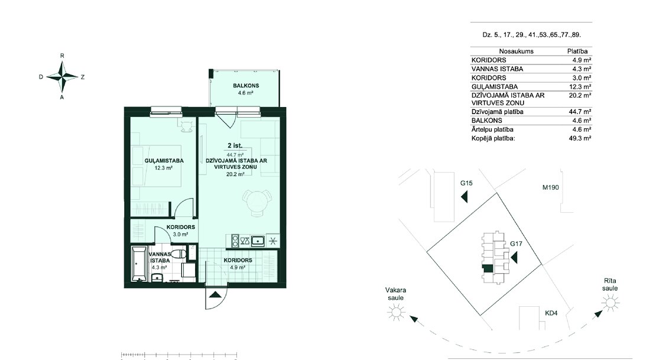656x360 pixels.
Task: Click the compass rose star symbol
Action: coord(62,77)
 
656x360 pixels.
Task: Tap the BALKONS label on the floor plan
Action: coord(246,86)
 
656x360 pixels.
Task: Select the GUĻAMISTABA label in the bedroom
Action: coord(164,161)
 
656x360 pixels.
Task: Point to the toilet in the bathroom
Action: coord(178,254)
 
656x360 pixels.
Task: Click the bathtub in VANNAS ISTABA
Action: coord(138,264)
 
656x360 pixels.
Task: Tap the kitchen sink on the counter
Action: coord(258,241)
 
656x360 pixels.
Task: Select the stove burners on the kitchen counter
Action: coord(235,241)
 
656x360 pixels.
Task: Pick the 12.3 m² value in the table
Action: coord(582,87)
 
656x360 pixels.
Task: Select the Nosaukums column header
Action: coord(517,51)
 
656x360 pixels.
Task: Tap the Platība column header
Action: coord(577,51)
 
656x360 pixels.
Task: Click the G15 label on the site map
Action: coord(466,183)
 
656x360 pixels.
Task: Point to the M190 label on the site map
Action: coord(551,187)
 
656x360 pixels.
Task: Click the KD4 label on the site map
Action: coord(551,313)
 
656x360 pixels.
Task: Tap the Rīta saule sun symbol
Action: coord(610,303)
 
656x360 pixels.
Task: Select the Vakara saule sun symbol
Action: coord(396,312)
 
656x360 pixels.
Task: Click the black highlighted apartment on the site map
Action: coord(487,269)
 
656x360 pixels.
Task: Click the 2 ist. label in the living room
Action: coord(235,145)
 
